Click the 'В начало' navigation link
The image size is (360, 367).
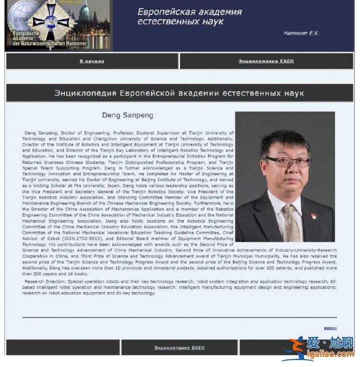pos(92,61)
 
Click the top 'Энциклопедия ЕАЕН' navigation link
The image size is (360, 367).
pos(266,61)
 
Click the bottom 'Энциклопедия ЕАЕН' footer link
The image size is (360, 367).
pos(179,348)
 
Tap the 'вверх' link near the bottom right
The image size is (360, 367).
pos(330,328)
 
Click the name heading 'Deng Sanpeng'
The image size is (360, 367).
pos(128,115)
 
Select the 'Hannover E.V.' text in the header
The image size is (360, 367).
pos(301,33)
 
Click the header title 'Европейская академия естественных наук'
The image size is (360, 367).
pos(189,16)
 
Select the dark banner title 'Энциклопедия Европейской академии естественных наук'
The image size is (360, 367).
pos(179,93)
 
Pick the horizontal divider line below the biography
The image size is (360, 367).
pos(179,317)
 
